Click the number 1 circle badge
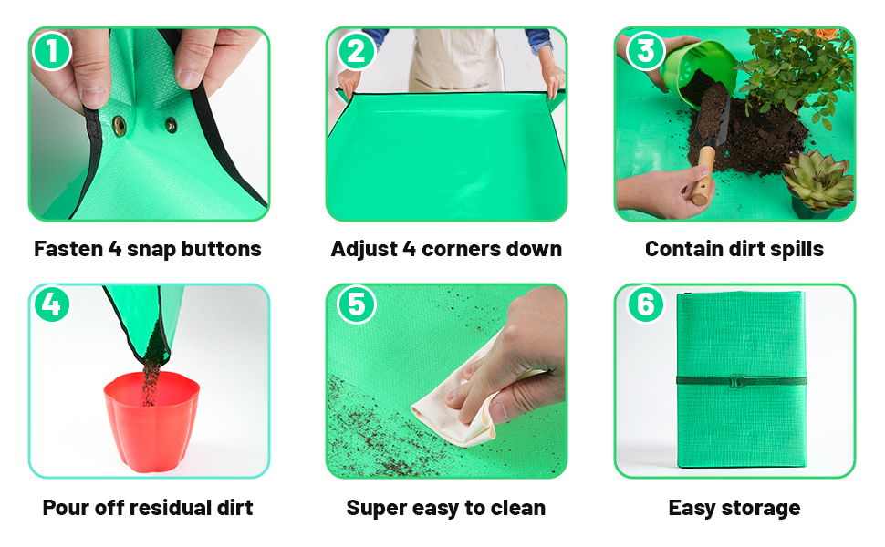[52, 51]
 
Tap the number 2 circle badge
[356, 51]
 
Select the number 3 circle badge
[645, 51]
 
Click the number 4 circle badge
[52, 304]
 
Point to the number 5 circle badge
[356, 304]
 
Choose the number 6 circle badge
[645, 304]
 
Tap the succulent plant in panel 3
[817, 180]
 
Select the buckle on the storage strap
[736, 380]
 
